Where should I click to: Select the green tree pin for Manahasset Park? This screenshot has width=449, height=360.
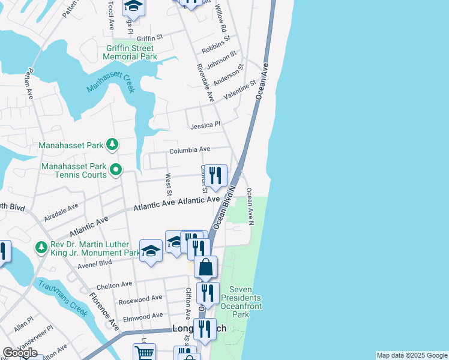tap(111, 144)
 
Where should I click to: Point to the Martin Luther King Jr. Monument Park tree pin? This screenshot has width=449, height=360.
tap(41, 247)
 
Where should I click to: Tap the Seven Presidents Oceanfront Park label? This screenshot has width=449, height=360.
tap(241, 306)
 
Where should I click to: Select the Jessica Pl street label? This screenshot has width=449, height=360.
tap(205, 125)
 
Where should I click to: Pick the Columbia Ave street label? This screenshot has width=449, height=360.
tap(189, 149)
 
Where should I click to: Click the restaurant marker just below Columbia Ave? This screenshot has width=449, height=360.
tap(215, 175)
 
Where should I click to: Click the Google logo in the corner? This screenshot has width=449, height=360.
tap(20, 353)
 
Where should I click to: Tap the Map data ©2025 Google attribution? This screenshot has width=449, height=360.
tap(411, 355)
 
